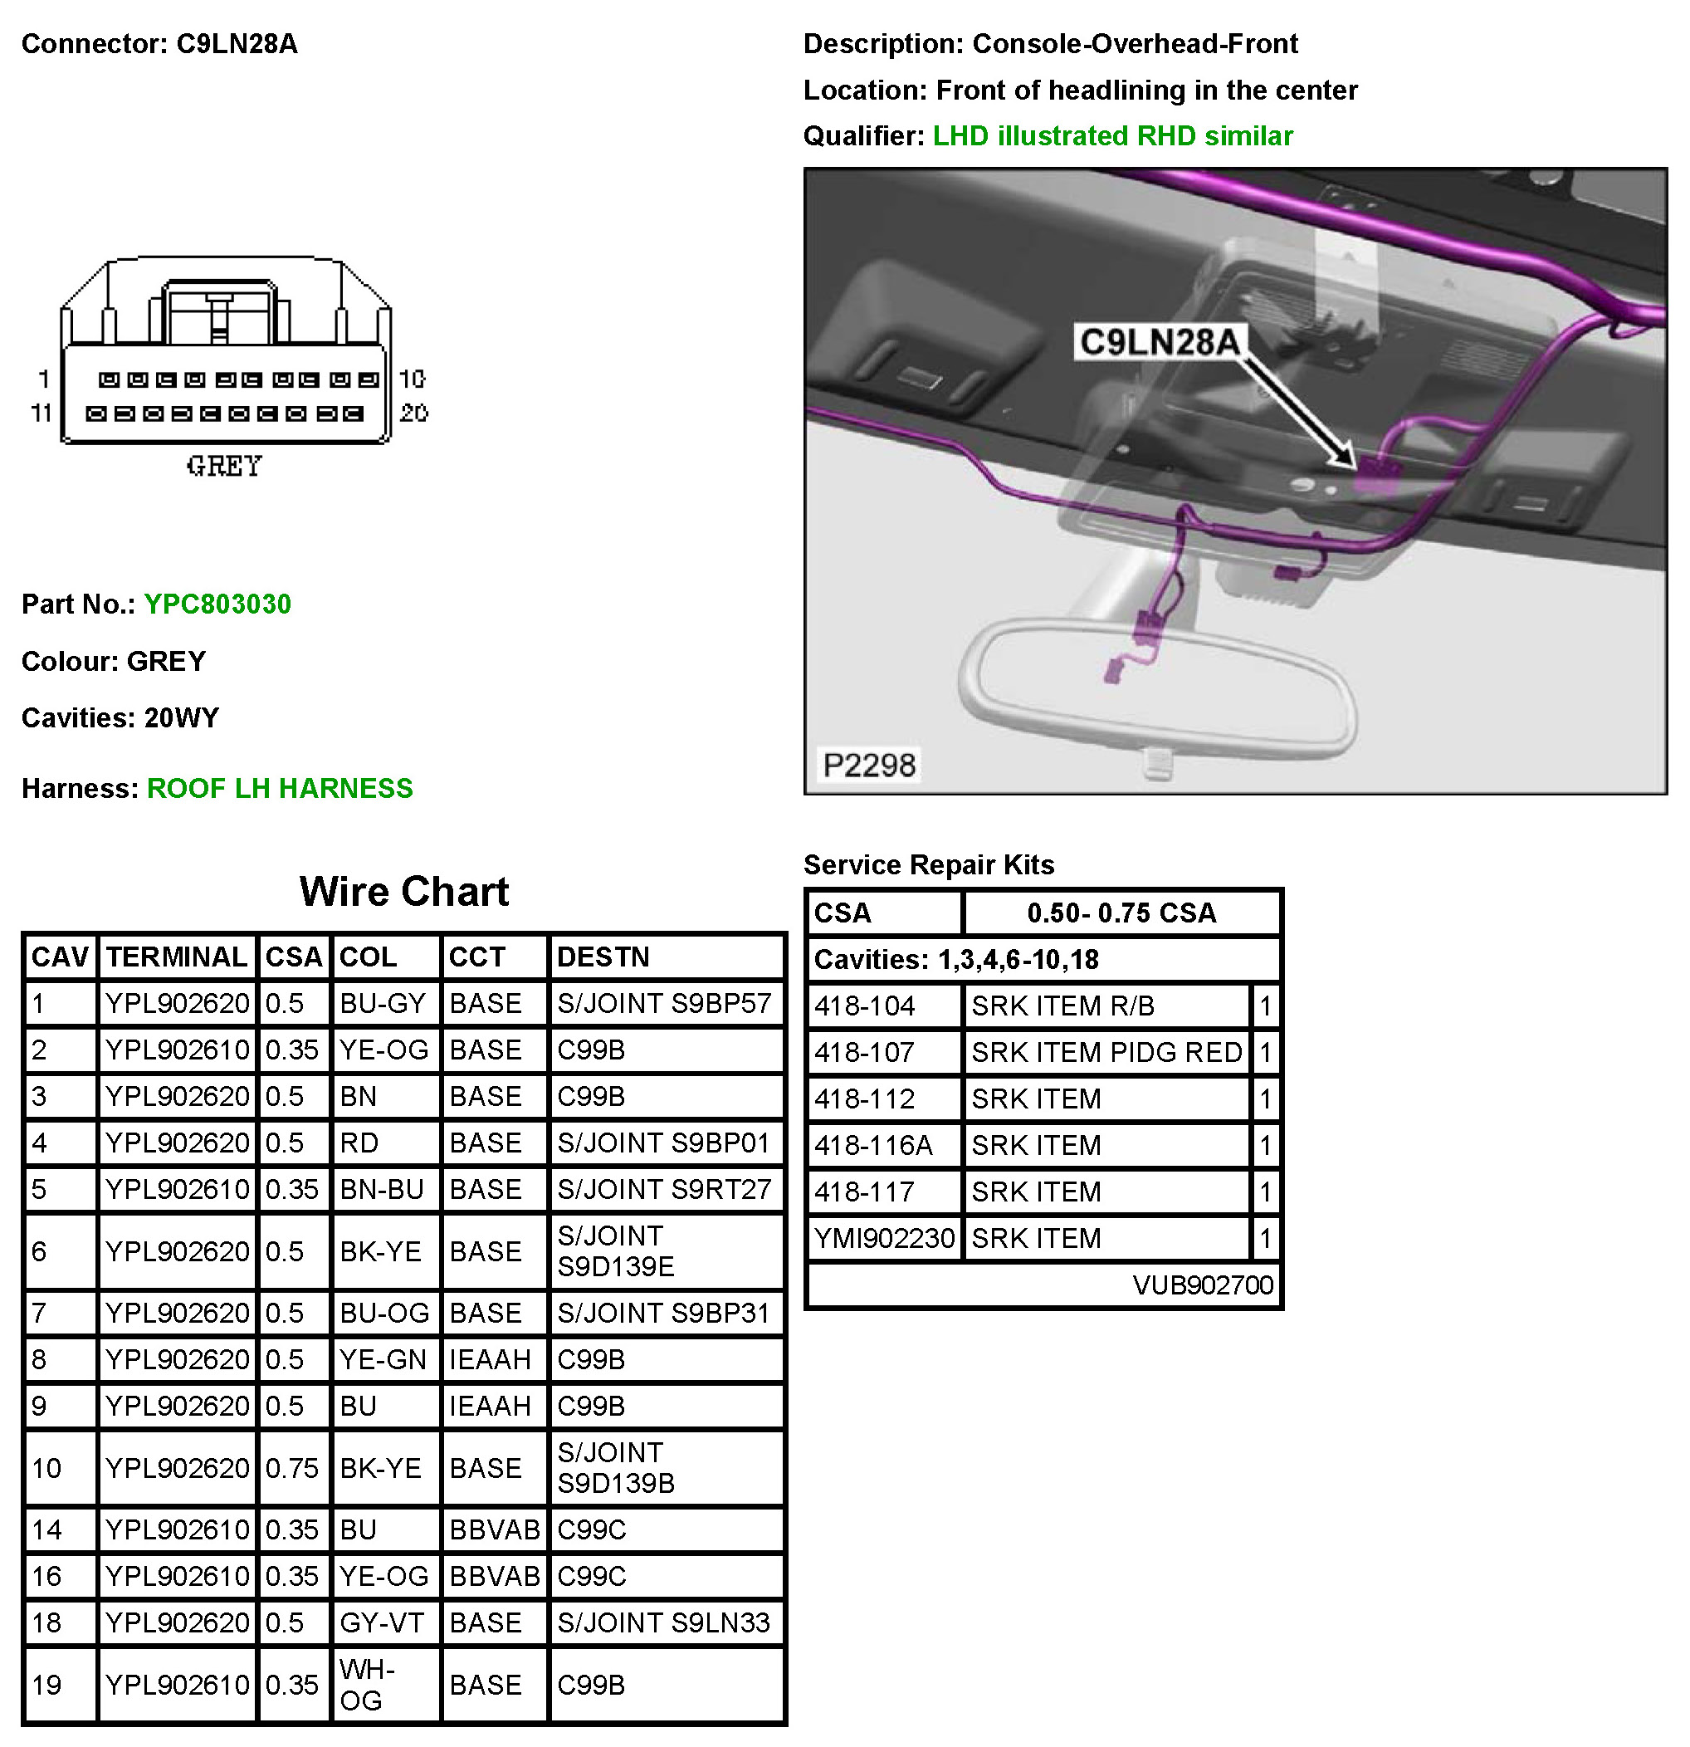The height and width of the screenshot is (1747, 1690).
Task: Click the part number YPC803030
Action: [217, 604]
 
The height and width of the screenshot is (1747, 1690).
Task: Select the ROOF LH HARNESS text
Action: [280, 789]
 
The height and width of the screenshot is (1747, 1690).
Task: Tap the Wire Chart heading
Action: [403, 891]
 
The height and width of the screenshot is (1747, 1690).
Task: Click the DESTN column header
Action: [603, 957]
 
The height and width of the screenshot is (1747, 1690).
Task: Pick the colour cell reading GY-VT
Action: [381, 1623]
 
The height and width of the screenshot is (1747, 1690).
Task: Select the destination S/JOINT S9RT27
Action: [664, 1190]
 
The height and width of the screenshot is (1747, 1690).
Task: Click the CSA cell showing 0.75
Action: [291, 1468]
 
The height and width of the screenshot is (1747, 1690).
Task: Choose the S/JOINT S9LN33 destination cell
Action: [664, 1623]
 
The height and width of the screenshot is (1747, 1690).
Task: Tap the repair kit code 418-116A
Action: [873, 1145]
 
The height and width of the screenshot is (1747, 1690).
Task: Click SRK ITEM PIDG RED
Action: [1106, 1053]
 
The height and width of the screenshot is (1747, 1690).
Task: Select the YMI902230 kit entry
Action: [884, 1238]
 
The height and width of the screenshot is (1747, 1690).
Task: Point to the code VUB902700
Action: [1203, 1285]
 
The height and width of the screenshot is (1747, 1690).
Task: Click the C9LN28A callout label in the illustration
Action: [1159, 341]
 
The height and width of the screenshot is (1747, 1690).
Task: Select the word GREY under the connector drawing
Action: [224, 466]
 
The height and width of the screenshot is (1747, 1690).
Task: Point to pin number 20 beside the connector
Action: [413, 414]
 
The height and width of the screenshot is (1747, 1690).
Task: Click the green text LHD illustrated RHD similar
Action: [1113, 136]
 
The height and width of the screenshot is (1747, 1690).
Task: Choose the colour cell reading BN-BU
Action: [381, 1190]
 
